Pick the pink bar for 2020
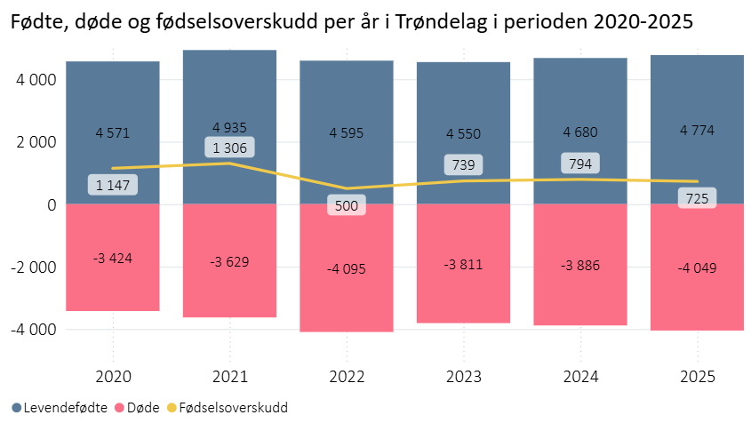[113, 284]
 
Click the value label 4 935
[229, 128]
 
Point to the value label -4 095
[347, 268]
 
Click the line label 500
[347, 206]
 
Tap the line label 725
[697, 198]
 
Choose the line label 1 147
[113, 185]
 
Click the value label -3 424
[113, 259]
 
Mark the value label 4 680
[579, 132]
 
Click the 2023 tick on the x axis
[463, 376]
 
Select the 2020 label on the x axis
[113, 376]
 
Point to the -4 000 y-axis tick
[33, 329]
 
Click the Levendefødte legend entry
[60, 408]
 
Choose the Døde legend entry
[137, 408]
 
